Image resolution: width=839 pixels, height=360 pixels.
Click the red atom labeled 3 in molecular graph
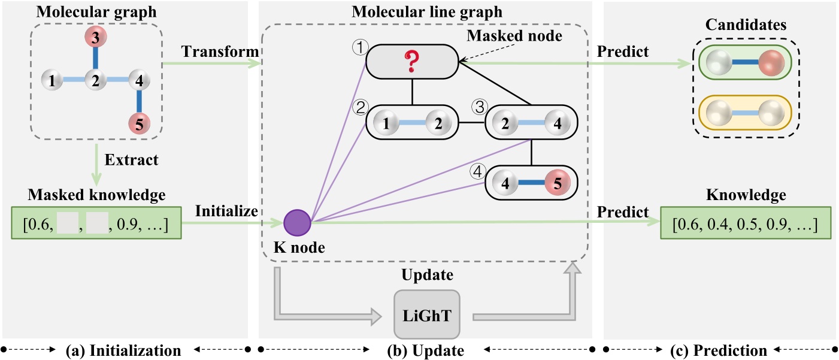point(95,38)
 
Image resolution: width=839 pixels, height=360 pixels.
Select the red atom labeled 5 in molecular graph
point(139,124)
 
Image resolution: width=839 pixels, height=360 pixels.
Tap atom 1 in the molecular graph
point(53,80)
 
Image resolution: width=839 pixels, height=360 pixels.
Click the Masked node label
point(514,35)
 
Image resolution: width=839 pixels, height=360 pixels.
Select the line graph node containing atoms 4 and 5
point(531,181)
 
